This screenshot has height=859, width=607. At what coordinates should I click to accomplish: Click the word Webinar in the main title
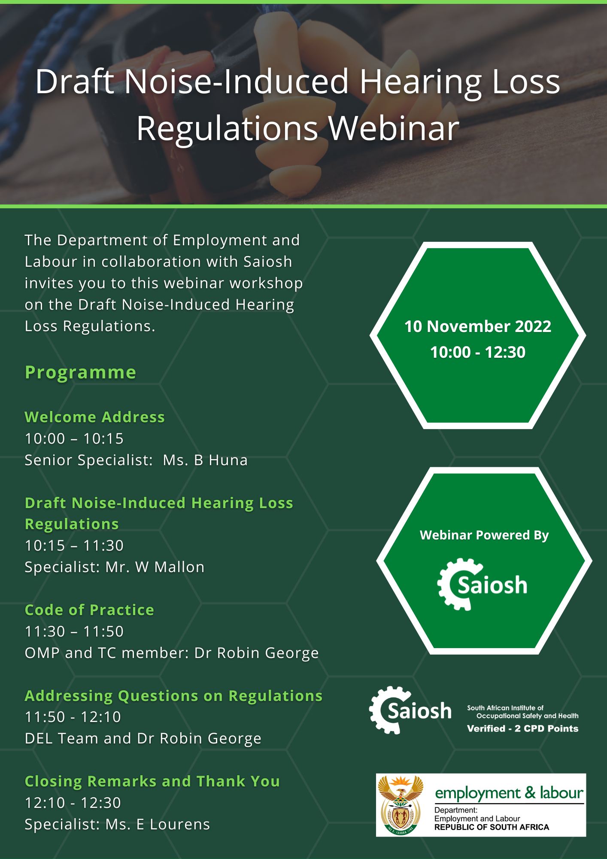(x=394, y=128)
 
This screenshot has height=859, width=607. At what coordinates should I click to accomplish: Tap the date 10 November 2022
(x=478, y=326)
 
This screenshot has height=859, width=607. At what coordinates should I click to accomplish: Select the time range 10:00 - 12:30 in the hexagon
(x=478, y=352)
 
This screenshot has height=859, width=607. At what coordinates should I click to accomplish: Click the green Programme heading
(x=80, y=372)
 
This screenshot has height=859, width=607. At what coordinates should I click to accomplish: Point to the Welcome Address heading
(x=95, y=417)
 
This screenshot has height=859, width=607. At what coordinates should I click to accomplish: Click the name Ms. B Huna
(x=205, y=460)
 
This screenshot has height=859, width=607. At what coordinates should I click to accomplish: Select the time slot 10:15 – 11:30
(x=74, y=545)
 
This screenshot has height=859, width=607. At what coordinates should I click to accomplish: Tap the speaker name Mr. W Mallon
(x=155, y=567)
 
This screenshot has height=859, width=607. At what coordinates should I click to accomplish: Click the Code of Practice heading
(x=89, y=610)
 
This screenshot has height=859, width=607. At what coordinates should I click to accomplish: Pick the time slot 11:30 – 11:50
(x=74, y=631)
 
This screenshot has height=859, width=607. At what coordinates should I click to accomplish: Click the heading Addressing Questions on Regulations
(x=173, y=696)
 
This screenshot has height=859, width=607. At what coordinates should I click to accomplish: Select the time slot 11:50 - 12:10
(x=73, y=717)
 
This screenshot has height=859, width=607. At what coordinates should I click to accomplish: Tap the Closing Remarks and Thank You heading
(x=152, y=781)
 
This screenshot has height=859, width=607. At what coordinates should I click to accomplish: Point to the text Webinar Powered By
(x=484, y=535)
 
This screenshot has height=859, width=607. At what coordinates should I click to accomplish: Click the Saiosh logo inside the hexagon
(x=482, y=585)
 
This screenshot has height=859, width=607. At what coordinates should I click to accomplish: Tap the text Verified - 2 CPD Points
(x=522, y=728)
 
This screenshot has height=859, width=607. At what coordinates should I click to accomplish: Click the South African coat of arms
(x=401, y=805)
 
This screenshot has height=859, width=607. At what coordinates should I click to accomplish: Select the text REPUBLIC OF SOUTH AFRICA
(x=492, y=827)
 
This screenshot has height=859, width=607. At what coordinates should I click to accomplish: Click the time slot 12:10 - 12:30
(x=73, y=803)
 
